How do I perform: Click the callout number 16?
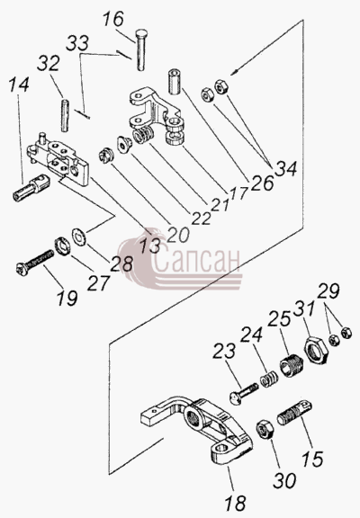pyautogui.click(x=113, y=19)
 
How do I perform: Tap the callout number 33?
pyautogui.click(x=77, y=43)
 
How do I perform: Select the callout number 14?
pyautogui.click(x=19, y=85)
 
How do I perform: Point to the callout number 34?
pyautogui.click(x=285, y=169)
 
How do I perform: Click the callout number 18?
pyautogui.click(x=236, y=503)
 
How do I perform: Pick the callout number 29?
pyautogui.click(x=328, y=291)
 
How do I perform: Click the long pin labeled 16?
pyautogui.click(x=141, y=49)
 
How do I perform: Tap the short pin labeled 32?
pyautogui.click(x=65, y=116)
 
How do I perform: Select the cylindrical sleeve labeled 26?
pyautogui.click(x=175, y=82)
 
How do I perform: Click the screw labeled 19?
pyautogui.click(x=35, y=261)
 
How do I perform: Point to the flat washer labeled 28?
pyautogui.click(x=79, y=236)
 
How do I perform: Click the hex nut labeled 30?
pyautogui.click(x=264, y=428)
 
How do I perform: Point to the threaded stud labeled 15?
pyautogui.click(x=294, y=413)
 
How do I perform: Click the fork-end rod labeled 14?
pyautogui.click(x=31, y=187)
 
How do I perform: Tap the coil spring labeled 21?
pyautogui.click(x=143, y=136)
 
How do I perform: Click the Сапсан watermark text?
pyautogui.click(x=196, y=262)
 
